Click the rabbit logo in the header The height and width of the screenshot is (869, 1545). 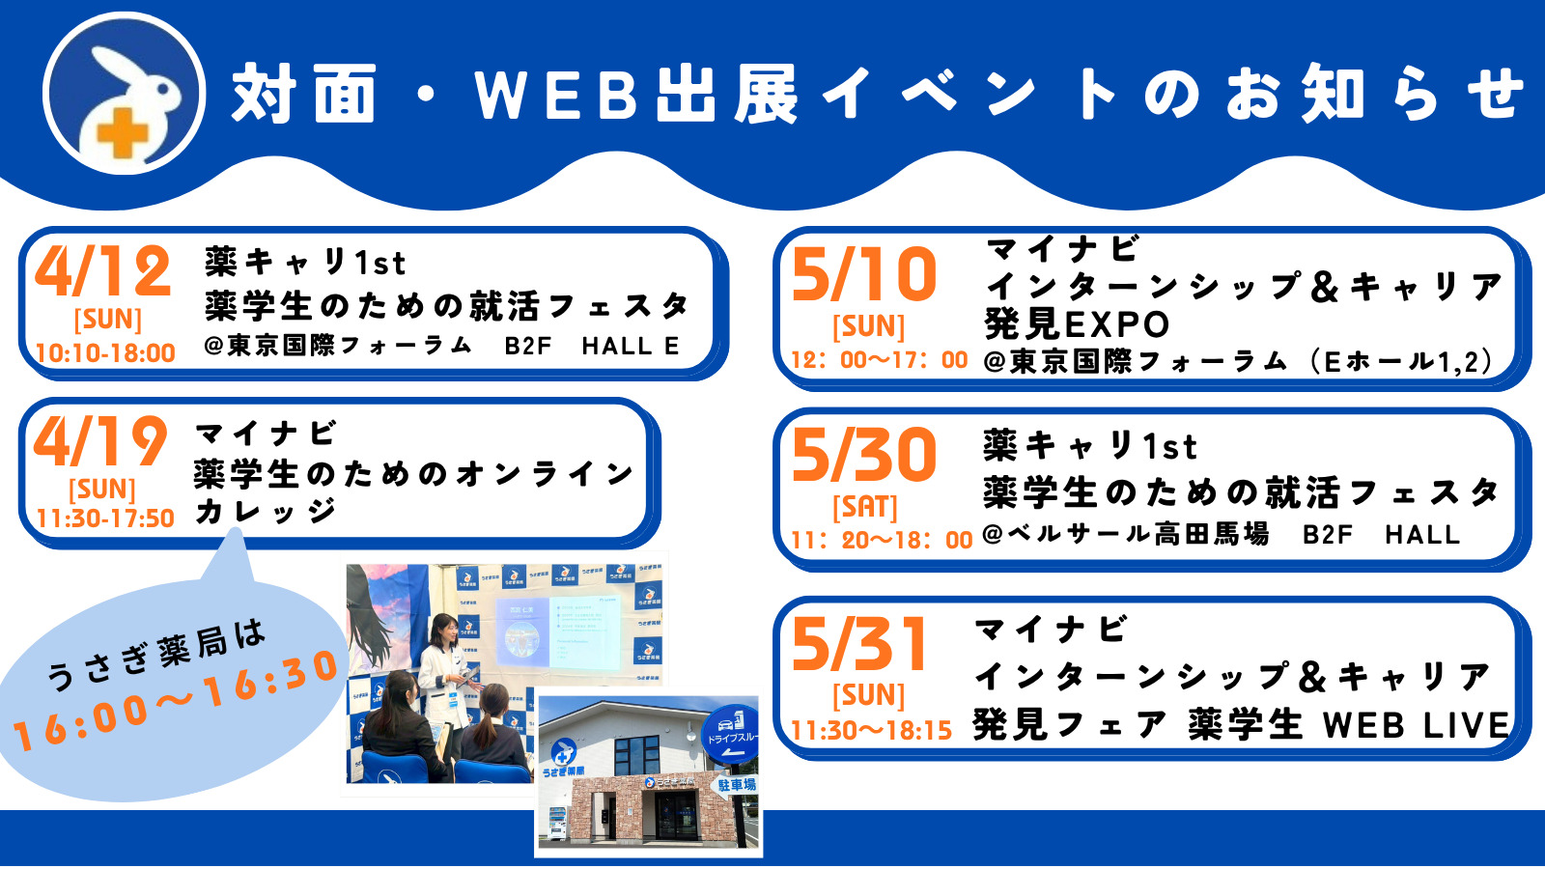124,94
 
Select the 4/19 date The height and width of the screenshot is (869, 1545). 100,442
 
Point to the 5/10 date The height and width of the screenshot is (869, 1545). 864,275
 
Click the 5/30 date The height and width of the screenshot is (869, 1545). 864,455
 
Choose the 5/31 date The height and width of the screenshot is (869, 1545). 859,645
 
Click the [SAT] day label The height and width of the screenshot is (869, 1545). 865,507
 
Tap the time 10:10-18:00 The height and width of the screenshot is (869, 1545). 105,353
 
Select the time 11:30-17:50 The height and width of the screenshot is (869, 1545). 105,519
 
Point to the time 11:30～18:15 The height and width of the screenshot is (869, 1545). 871,731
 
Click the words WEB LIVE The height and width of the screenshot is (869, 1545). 1416,725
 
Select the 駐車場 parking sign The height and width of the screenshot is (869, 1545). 736,785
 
